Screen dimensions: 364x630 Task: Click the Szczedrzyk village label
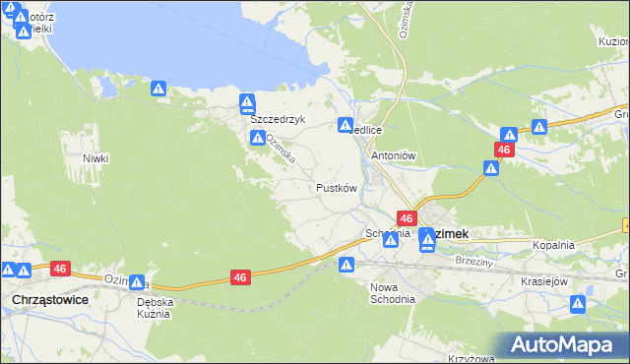[279, 119]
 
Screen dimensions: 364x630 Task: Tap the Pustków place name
[336, 187]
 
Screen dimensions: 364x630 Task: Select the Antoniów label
[395, 155]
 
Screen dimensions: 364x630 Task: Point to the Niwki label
[95, 158]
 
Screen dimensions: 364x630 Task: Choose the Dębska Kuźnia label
[155, 308]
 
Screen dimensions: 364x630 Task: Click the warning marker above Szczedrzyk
[248, 102]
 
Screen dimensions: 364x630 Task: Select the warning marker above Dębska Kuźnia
[136, 283]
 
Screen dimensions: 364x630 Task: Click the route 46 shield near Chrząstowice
[60, 268]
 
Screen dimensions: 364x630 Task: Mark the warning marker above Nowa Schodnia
[346, 265]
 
